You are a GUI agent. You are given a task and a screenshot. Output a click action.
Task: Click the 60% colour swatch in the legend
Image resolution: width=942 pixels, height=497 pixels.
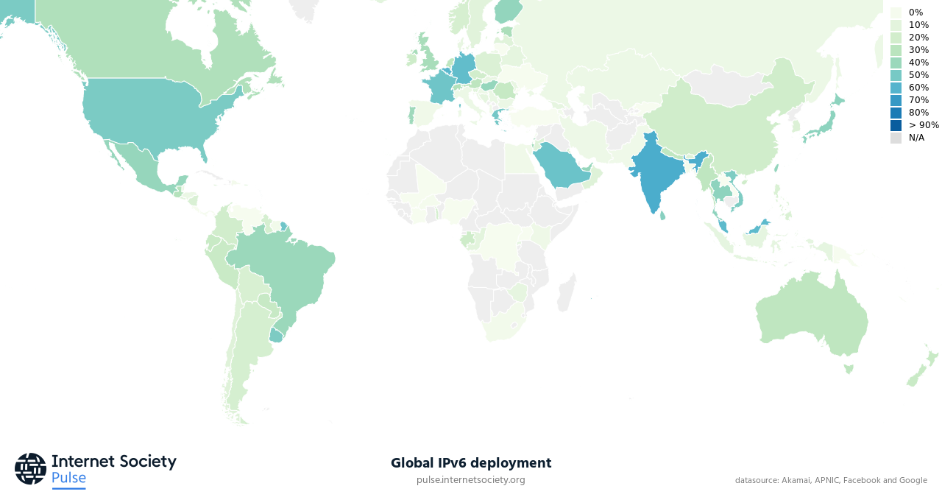pyautogui.click(x=896, y=88)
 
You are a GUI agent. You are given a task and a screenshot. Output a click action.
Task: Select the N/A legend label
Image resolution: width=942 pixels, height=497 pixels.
pyautogui.click(x=916, y=138)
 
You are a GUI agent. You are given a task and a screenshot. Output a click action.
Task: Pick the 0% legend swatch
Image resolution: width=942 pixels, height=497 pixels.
pyautogui.click(x=896, y=13)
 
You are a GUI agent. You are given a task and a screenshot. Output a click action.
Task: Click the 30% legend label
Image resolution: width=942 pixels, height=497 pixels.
pyautogui.click(x=918, y=50)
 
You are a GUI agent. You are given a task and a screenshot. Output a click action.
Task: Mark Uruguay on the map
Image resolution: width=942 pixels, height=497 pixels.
pyautogui.click(x=276, y=335)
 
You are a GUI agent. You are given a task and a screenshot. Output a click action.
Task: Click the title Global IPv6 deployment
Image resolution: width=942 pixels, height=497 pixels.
pyautogui.click(x=470, y=463)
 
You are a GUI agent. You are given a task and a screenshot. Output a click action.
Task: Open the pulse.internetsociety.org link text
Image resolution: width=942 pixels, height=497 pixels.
pyautogui.click(x=470, y=480)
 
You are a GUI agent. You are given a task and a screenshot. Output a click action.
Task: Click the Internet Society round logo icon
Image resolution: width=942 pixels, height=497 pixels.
pyautogui.click(x=30, y=468)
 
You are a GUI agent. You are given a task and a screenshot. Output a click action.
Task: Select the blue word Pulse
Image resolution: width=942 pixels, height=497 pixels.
pyautogui.click(x=68, y=478)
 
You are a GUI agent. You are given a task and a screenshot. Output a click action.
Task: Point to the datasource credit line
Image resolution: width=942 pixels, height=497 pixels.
pyautogui.click(x=830, y=480)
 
